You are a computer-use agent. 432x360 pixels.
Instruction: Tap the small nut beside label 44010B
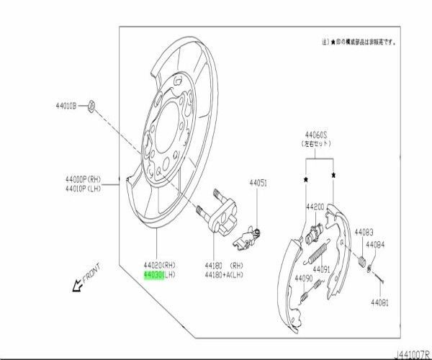[x=92, y=108]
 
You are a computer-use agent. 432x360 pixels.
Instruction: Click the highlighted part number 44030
[x=154, y=274]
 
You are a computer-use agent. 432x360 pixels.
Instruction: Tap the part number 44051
[x=258, y=183]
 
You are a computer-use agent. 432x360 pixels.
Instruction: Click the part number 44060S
[x=315, y=134]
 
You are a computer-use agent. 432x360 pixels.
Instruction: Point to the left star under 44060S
[x=305, y=176]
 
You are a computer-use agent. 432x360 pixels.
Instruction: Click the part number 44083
[x=363, y=232]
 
